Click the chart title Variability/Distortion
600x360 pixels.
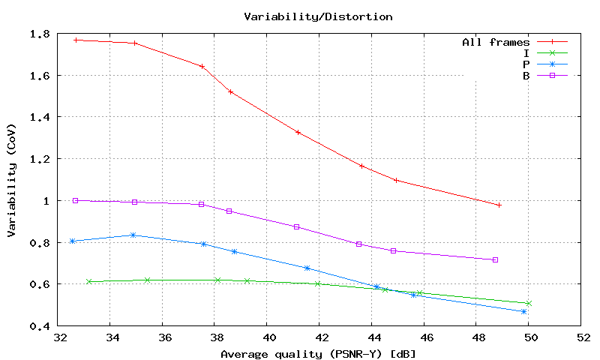(318, 16)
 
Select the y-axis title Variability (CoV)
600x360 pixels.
(12, 180)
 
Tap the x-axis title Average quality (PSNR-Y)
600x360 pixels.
(318, 353)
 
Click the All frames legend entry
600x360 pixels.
(496, 43)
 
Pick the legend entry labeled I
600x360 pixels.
(526, 53)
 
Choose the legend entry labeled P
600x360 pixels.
(526, 64)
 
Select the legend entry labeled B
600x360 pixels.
(526, 75)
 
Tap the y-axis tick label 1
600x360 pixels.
(47, 201)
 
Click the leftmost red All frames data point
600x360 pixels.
(76, 40)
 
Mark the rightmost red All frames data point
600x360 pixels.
(499, 205)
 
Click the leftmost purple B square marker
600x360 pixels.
(75, 200)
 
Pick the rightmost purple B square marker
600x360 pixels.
(495, 259)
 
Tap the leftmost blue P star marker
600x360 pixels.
(72, 241)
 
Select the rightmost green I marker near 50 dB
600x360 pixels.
(529, 303)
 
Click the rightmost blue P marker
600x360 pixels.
(523, 311)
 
